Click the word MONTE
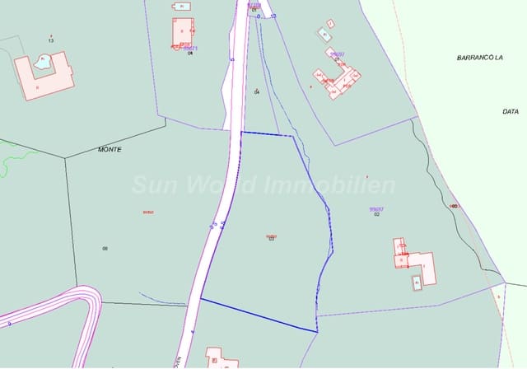110,150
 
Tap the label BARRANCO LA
480,58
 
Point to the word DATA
511,111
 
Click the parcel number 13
51,40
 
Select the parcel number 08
105,248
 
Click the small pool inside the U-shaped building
42,60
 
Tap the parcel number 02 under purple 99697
376,214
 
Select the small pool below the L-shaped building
417,283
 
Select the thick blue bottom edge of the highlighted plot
259,315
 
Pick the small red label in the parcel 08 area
148,212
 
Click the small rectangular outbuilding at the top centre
181,6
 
